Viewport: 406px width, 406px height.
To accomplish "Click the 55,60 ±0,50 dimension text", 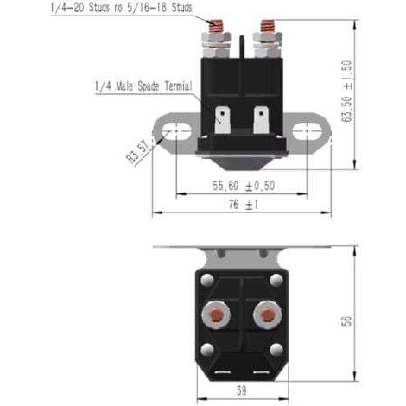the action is point(244,186).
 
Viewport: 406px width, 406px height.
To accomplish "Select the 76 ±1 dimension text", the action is point(244,205).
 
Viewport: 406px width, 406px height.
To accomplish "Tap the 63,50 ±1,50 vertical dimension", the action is point(346,91).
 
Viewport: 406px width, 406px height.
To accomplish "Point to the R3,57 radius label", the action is point(139,151).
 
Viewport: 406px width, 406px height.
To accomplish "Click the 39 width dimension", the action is point(242,390).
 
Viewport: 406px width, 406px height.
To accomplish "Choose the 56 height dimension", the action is point(346,320).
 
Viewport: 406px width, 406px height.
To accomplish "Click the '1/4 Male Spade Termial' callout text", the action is point(143,86).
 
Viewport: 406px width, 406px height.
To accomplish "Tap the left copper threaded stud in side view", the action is point(216,26).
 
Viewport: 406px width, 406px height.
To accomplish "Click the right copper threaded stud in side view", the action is point(268,26).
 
